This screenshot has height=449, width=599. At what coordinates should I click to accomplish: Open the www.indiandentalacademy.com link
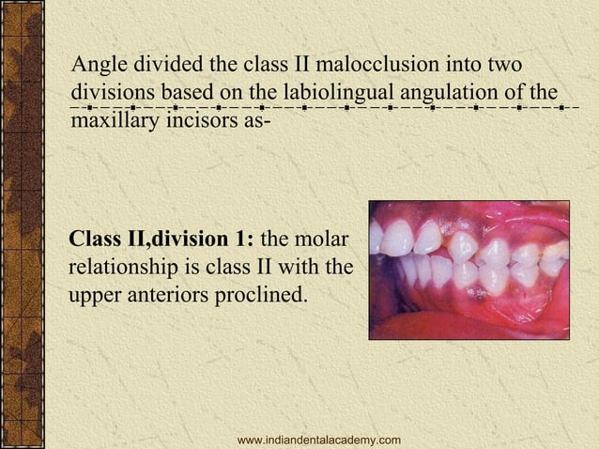tap(319, 440)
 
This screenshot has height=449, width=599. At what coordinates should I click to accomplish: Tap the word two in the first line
tap(506, 66)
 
